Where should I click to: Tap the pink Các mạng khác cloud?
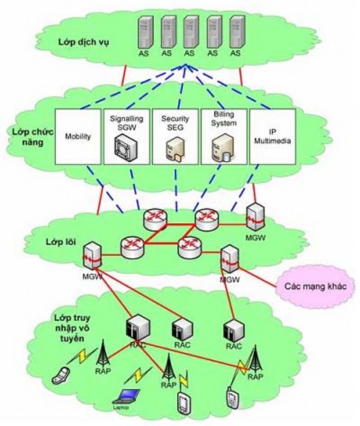(315, 285)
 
